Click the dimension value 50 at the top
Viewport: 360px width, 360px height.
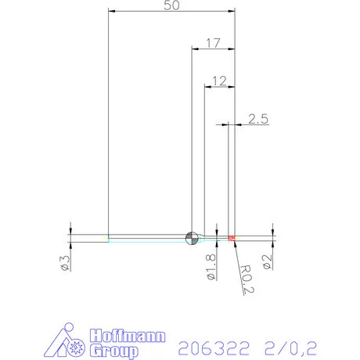(171, 6)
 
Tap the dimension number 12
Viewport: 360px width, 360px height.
(218, 80)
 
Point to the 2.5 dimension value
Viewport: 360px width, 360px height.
(258, 119)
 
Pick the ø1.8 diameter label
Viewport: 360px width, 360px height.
(209, 265)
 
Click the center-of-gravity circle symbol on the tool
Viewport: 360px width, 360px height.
(192, 237)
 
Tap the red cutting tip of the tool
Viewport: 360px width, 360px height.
(232, 237)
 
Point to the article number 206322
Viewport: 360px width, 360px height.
(210, 345)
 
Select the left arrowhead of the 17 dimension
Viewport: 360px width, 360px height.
(195, 48)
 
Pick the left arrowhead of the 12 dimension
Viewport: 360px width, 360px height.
(207, 86)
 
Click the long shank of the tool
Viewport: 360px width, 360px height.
(149, 237)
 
